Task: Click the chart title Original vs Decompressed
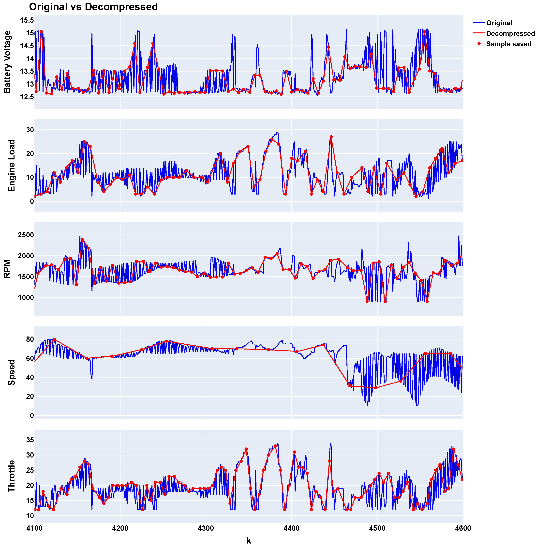[93, 7]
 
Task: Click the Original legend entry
[499, 23]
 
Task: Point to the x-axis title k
[249, 541]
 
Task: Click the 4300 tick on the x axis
[206, 528]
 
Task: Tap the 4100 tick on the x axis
[34, 528]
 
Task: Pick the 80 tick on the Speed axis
[30, 339]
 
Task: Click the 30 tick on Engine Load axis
[30, 130]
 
